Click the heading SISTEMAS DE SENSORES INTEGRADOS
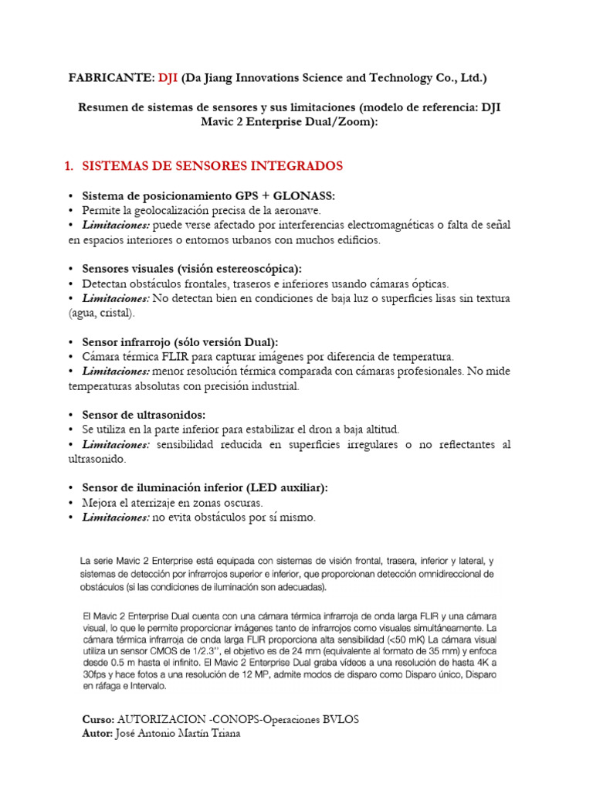pos(212,166)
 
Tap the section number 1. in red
pos(66,166)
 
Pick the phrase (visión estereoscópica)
pos(239,269)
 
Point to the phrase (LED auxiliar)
pos(286,488)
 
